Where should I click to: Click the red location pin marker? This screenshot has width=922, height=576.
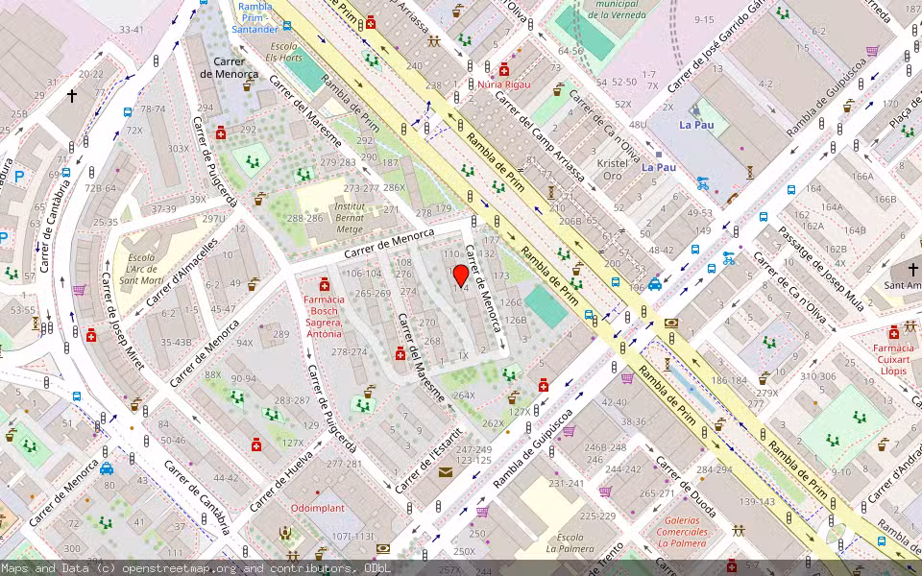461,275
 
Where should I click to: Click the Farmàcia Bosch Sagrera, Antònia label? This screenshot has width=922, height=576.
323,316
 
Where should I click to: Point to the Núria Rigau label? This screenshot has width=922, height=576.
503,84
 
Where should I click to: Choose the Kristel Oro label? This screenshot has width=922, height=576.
612,170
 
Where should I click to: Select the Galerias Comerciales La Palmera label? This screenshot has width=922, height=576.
683,538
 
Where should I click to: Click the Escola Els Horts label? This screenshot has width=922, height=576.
285,52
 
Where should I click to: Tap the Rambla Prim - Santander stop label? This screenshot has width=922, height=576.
255,18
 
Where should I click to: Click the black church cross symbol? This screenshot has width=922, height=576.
72,96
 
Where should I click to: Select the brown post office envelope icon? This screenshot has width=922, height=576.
445,471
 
